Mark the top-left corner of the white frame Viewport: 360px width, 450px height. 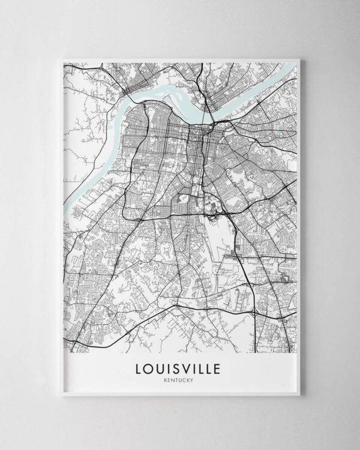click(x=58, y=56)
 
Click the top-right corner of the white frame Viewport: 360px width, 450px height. click(x=302, y=56)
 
